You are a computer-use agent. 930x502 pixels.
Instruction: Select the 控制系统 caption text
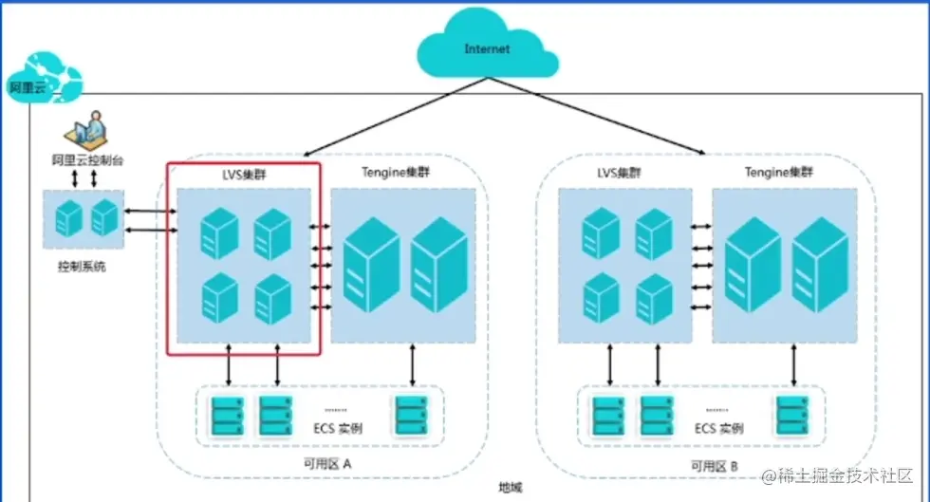[x=82, y=267]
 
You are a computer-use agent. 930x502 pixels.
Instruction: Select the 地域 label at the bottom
[x=510, y=489]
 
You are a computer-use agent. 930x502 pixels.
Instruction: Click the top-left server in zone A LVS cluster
[x=218, y=232]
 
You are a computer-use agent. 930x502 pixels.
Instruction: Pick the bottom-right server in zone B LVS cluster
[x=654, y=297]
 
